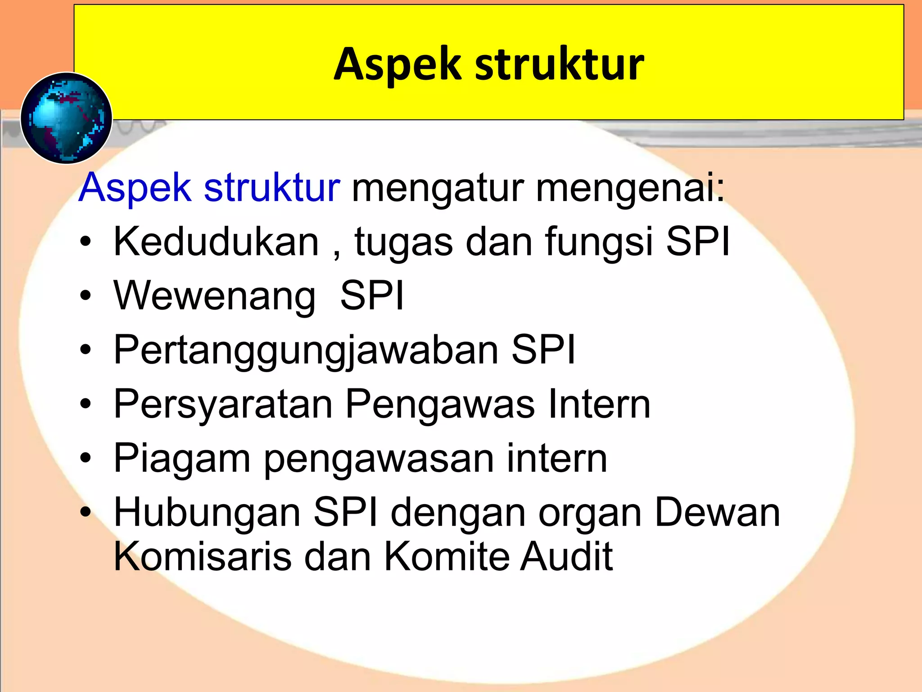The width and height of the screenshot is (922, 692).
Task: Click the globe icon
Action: pyautogui.click(x=66, y=118)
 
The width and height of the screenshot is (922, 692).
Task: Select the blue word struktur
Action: pyautogui.click(x=272, y=187)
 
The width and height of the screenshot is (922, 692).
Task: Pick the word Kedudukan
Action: pyautogui.click(x=217, y=242)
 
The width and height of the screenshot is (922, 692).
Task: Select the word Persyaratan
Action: pyautogui.click(x=223, y=405)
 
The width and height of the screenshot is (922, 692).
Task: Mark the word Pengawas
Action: pyautogui.click(x=440, y=405)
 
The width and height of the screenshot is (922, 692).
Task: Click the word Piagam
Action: pyautogui.click(x=182, y=459)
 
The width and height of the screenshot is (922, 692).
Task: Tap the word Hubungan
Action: pyautogui.click(x=207, y=513)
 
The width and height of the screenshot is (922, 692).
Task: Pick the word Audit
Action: pyautogui.click(x=566, y=557)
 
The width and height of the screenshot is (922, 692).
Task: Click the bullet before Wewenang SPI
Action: pyautogui.click(x=86, y=296)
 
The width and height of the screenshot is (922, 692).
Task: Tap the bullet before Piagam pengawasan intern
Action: pyautogui.click(x=86, y=458)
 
